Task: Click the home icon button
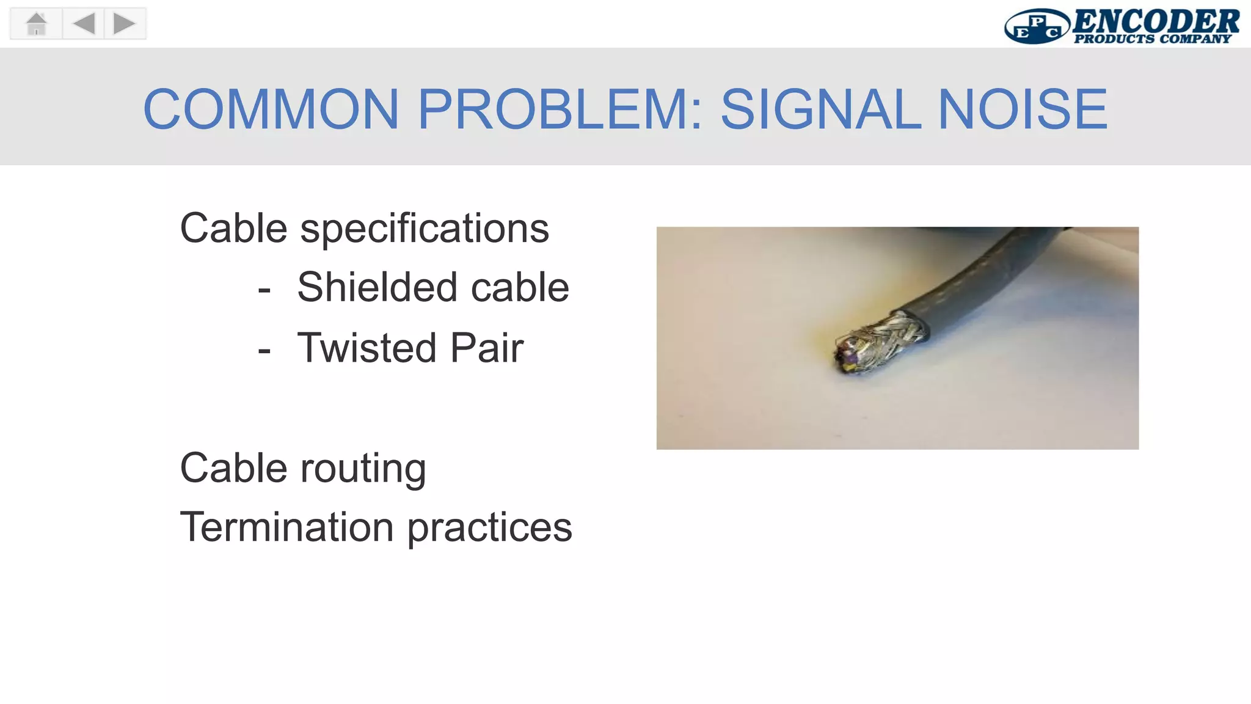tap(37, 24)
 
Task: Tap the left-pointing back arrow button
tap(84, 24)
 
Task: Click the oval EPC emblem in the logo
tap(1037, 27)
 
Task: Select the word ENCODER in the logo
tap(1155, 21)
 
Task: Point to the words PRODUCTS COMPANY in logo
tap(1152, 39)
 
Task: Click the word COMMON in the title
tap(271, 109)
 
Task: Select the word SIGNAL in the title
tap(820, 109)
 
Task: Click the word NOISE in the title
tap(1022, 109)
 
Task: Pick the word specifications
tap(425, 229)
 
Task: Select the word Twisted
tap(367, 348)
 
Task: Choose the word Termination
tap(286, 527)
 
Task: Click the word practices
tap(489, 527)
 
